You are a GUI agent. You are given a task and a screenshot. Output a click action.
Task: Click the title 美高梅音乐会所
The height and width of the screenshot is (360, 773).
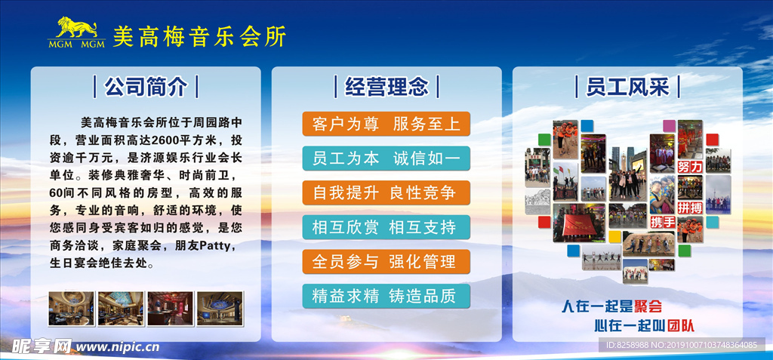pyautogui.click(x=199, y=36)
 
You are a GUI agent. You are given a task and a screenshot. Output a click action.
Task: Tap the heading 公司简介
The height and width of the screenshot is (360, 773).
pyautogui.click(x=145, y=87)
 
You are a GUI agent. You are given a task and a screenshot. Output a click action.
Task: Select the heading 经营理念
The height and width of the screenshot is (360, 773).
pyautogui.click(x=386, y=87)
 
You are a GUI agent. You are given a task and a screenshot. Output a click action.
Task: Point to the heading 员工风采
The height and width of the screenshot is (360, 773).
pyautogui.click(x=627, y=87)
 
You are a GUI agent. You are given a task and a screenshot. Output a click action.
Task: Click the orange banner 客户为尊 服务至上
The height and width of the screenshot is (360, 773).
pyautogui.click(x=386, y=124)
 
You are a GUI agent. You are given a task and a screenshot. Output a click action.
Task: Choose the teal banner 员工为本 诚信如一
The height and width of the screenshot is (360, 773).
pyautogui.click(x=386, y=158)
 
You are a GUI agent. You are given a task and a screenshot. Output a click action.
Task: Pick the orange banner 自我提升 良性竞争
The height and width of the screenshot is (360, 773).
pyautogui.click(x=386, y=192)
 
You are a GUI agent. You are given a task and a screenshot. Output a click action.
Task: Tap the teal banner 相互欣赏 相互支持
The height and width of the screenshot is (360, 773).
pyautogui.click(x=386, y=227)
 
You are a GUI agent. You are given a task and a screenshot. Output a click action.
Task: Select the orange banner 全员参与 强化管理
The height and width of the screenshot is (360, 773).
pyautogui.click(x=386, y=262)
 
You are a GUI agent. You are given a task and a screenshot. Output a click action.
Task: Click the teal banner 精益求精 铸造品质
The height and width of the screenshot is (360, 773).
pyautogui.click(x=386, y=296)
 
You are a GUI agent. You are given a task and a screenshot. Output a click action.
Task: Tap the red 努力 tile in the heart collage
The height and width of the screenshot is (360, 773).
pyautogui.click(x=690, y=166)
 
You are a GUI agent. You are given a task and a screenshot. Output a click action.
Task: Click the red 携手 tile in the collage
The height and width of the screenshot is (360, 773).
pyautogui.click(x=662, y=222)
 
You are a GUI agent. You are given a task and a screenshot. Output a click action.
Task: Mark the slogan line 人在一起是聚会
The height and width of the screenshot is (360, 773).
pyautogui.click(x=611, y=306)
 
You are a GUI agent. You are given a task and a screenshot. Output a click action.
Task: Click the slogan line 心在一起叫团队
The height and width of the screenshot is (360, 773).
pyautogui.click(x=643, y=326)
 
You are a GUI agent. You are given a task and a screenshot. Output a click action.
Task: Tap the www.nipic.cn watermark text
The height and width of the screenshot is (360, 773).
pyautogui.click(x=118, y=347)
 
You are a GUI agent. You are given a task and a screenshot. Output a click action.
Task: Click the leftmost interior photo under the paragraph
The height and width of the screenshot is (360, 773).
pyautogui.click(x=71, y=309)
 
